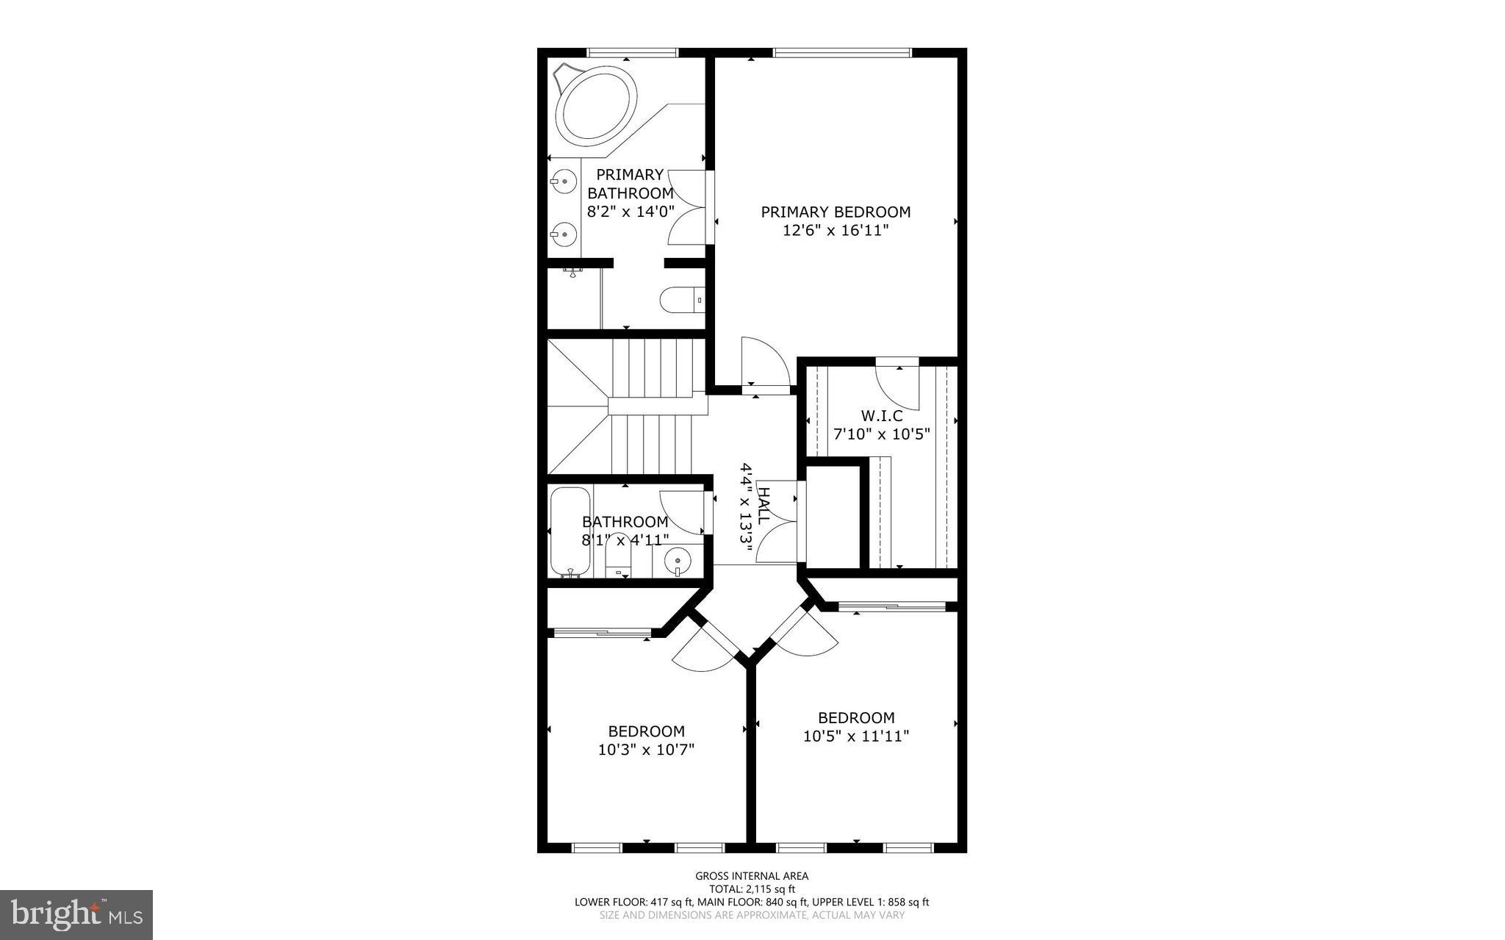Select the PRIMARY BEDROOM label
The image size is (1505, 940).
coord(836,212)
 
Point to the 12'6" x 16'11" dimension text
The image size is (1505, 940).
coord(836,231)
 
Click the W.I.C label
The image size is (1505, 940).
coord(882,416)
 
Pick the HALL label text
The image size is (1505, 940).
coord(764,505)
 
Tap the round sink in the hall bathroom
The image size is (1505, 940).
coord(678,562)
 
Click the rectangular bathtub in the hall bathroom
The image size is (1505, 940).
coord(570,531)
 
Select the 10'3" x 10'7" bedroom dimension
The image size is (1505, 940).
coord(646,750)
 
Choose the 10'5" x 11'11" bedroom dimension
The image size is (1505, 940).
coord(856,736)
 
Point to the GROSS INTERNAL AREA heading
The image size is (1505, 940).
coord(752,876)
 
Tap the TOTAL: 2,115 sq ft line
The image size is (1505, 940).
coord(752,889)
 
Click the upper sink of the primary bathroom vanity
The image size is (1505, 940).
coord(564,179)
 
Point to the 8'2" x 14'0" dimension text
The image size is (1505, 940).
coord(630,212)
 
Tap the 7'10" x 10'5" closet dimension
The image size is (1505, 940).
coord(882,434)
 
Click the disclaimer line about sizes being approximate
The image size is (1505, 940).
coord(752,915)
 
